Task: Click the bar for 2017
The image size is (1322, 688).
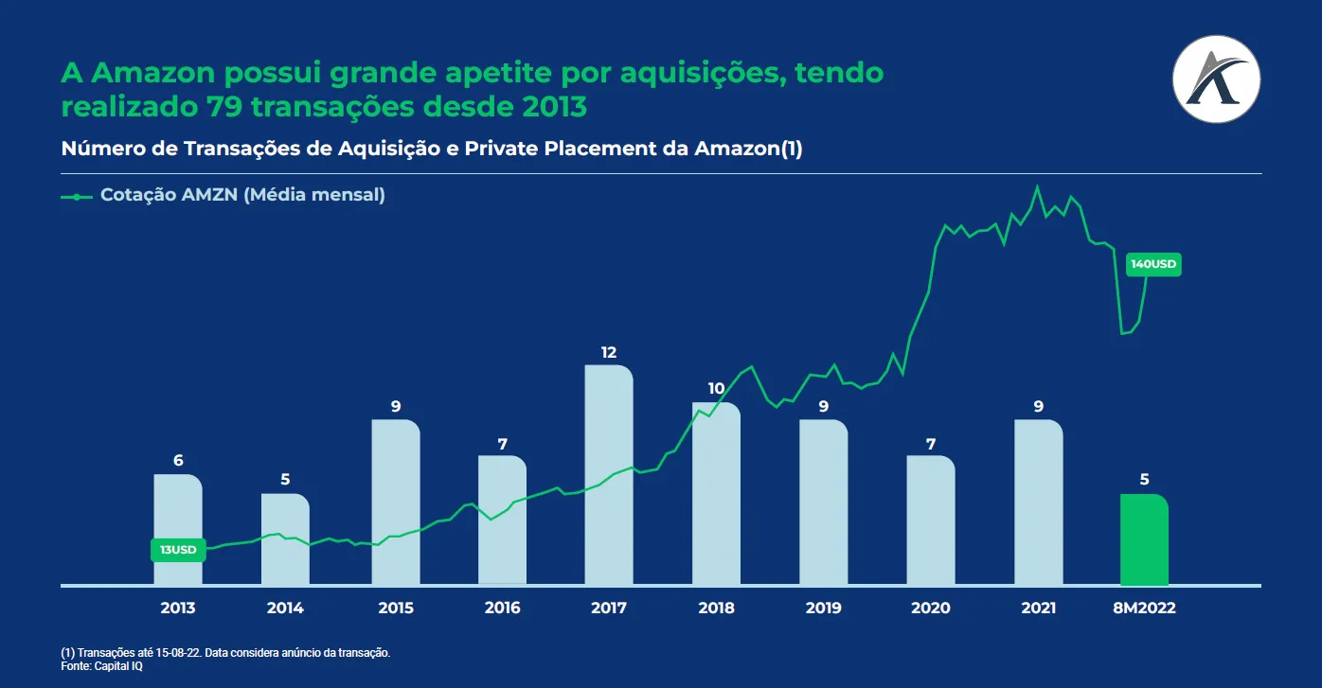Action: click(609, 473)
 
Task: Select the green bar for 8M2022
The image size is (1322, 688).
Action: click(1144, 539)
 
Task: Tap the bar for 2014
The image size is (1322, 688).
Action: click(285, 539)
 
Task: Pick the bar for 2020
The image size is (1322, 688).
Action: click(931, 520)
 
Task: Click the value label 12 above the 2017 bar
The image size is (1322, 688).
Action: click(609, 353)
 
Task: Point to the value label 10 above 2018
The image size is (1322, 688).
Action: click(716, 389)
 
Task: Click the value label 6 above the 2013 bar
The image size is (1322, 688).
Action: click(178, 461)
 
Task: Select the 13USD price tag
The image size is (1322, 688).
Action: click(178, 550)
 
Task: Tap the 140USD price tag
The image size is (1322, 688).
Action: click(1153, 265)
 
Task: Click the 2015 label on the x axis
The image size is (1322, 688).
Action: click(395, 609)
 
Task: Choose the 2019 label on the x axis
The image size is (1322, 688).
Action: click(823, 609)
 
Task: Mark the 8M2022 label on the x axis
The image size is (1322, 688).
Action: click(1144, 609)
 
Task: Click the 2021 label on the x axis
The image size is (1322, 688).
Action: click(1038, 609)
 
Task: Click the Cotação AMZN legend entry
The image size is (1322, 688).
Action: click(241, 196)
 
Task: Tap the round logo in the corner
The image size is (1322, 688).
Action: click(1216, 79)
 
